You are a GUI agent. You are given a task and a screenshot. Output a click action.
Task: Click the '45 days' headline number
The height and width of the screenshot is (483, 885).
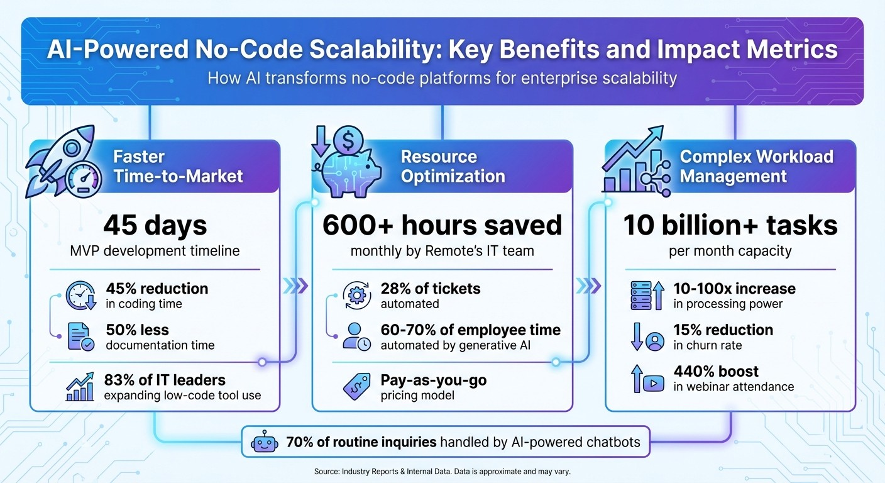click(x=155, y=225)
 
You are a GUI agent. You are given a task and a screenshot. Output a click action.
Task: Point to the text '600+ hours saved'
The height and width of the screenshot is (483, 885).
click(x=442, y=225)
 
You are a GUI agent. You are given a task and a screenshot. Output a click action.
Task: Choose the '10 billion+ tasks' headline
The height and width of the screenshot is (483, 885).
click(x=730, y=225)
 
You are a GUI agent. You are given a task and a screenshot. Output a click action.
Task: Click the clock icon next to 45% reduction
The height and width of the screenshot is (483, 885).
click(x=82, y=296)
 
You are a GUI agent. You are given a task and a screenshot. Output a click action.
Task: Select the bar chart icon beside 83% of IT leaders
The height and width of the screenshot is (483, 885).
click(x=80, y=387)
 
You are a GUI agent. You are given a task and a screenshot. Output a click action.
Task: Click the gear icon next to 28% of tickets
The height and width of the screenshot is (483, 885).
click(x=356, y=296)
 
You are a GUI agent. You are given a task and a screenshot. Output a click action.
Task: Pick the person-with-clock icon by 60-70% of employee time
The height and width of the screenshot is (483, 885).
click(x=356, y=336)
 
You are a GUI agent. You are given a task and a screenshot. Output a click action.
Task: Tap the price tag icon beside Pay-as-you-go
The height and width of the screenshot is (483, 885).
click(x=356, y=387)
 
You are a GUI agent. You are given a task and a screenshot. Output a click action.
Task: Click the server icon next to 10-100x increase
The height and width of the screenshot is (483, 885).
click(x=646, y=296)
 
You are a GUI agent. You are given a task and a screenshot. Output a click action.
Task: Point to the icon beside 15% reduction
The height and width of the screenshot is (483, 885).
click(x=647, y=336)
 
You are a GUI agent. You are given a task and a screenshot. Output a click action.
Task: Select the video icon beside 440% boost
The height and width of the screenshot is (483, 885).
click(x=647, y=379)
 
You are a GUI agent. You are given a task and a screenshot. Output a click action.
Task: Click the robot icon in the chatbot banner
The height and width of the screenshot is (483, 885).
click(x=263, y=442)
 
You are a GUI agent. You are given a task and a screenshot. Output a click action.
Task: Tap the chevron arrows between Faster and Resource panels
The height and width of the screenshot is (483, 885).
click(x=295, y=286)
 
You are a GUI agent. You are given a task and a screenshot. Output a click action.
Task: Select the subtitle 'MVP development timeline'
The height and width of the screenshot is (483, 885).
click(x=155, y=251)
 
